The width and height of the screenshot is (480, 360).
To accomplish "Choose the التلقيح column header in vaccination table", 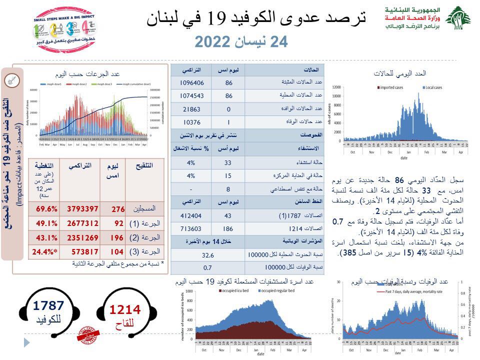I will (144, 166).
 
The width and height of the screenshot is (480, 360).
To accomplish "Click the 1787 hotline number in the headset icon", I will (48, 305).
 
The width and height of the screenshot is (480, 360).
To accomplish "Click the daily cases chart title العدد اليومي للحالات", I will (400, 73).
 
